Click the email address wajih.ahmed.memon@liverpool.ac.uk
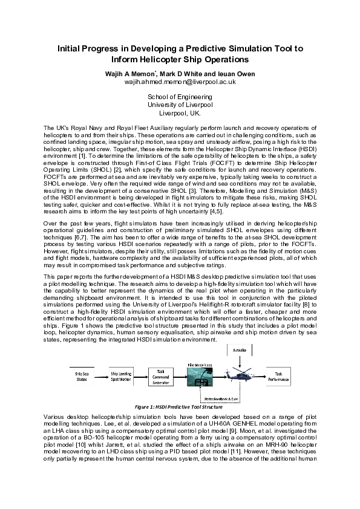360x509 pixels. coord(180,81)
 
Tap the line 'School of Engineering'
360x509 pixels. coord(180,97)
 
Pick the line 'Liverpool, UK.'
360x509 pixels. coord(180,113)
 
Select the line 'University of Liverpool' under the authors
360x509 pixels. coord(180,105)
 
